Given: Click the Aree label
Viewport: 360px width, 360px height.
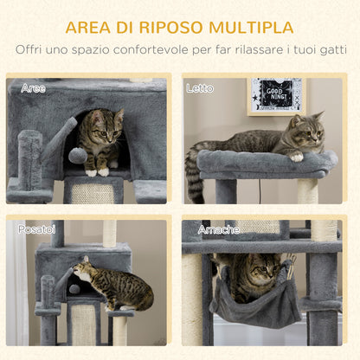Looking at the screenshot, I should pos(33,88).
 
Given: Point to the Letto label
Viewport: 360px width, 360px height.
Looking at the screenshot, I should pos(198,88).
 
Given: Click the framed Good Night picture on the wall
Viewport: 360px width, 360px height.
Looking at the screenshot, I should pos(275,96).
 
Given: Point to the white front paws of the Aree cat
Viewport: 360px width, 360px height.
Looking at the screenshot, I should pos(97,171).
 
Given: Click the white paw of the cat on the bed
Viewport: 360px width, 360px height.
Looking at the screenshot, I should pos(297,157).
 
